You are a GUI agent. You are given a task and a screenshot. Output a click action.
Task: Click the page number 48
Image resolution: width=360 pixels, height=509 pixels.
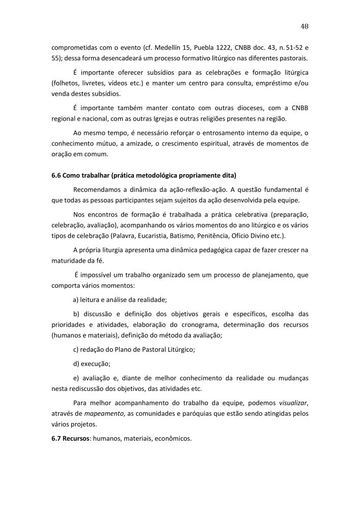304,26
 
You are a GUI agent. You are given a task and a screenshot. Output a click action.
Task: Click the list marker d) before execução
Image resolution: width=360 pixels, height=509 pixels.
77,364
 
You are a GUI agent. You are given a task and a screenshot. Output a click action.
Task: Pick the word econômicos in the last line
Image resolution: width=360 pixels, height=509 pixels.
172,437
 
